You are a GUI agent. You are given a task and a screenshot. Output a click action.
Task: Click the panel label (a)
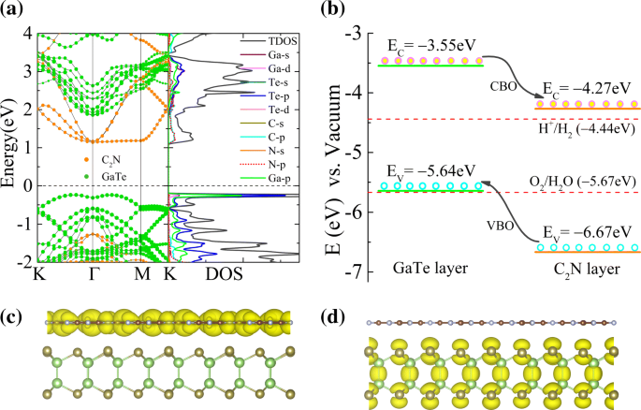pyautogui.click(x=17, y=12)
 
